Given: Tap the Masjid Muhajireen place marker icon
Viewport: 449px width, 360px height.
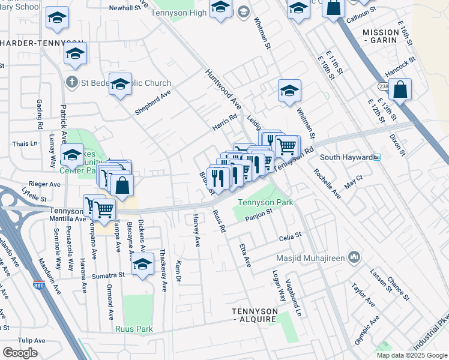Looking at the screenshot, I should click(x=354, y=257).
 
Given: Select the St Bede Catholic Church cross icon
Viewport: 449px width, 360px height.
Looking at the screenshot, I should click(x=71, y=82).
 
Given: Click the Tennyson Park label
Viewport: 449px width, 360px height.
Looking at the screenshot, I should click(x=265, y=202).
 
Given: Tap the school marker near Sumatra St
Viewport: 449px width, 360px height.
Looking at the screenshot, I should click(x=142, y=265).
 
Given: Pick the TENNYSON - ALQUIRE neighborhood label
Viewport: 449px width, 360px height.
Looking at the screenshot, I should click(x=255, y=315).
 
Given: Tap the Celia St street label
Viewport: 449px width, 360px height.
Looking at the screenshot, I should click(x=289, y=238).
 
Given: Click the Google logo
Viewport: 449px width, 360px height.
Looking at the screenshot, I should click(x=20, y=353).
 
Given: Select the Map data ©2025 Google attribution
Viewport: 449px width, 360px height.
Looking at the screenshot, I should click(x=412, y=355).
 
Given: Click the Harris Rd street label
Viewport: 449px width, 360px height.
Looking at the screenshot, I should click(x=225, y=123).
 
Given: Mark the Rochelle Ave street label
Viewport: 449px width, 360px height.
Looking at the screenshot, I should click(x=327, y=184).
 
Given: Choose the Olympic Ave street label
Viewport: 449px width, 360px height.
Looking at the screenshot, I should click(x=367, y=330).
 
